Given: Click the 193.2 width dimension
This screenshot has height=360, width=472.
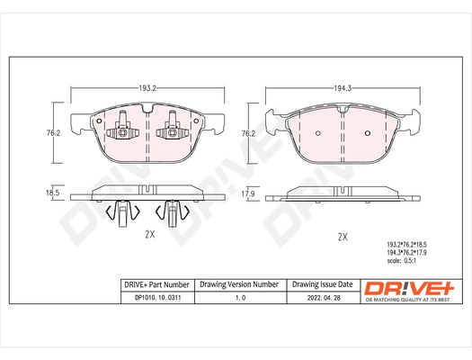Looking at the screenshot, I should (x=147, y=89).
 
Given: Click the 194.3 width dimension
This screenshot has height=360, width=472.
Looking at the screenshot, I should (x=342, y=89).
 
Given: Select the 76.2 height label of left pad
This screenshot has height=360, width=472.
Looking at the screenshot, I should (x=53, y=132).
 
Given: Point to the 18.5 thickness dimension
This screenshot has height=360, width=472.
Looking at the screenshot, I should (x=52, y=193).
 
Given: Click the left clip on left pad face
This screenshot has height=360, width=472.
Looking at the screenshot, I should (x=120, y=133).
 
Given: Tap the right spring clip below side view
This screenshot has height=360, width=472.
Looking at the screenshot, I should (x=168, y=213).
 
